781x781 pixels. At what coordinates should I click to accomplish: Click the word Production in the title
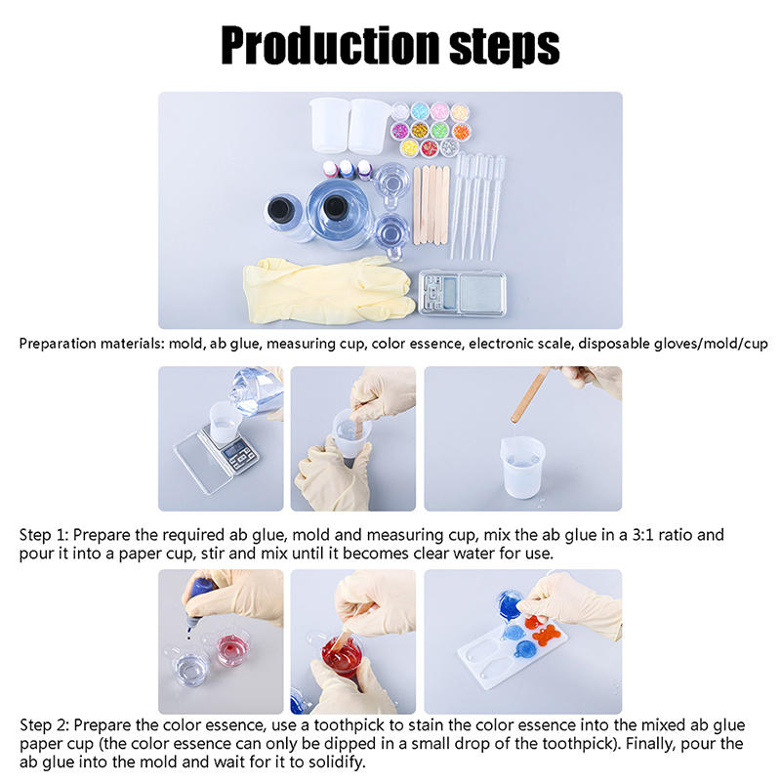[330, 45]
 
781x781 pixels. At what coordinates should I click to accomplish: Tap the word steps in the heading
[505, 47]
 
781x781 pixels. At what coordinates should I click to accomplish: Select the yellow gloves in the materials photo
[329, 289]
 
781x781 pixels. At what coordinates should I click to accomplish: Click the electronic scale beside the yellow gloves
[462, 293]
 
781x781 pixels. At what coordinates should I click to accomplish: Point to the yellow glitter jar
[409, 147]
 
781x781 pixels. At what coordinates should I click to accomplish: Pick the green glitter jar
[440, 131]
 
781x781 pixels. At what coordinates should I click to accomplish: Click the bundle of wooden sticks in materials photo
[432, 205]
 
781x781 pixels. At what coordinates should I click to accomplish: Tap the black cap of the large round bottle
[335, 207]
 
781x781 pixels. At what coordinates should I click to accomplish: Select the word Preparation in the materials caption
[58, 344]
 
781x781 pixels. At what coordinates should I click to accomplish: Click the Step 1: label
[44, 535]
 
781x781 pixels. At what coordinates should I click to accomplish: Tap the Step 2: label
[44, 725]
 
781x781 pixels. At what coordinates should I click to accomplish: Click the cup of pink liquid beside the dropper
[232, 648]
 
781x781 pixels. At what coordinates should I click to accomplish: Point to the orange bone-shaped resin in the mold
[547, 636]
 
